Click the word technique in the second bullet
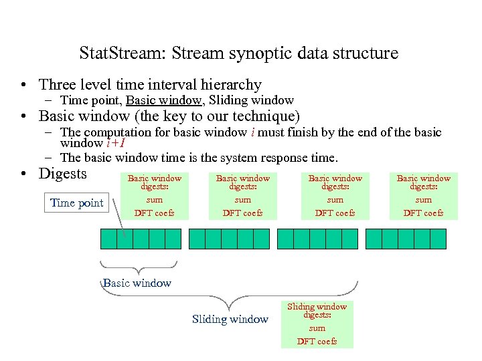[x=264, y=116]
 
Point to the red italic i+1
[x=116, y=143]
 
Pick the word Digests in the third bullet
[x=63, y=174]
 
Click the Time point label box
[x=77, y=203]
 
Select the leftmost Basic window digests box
[x=155, y=195]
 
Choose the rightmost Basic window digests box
[x=423, y=195]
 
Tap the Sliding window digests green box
[x=317, y=324]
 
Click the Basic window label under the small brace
[x=137, y=283]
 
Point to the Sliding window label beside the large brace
[x=230, y=320]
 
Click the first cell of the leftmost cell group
[x=108, y=239]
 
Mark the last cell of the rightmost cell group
[x=438, y=239]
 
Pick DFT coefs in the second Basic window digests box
[x=243, y=213]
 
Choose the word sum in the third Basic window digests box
[x=335, y=200]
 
